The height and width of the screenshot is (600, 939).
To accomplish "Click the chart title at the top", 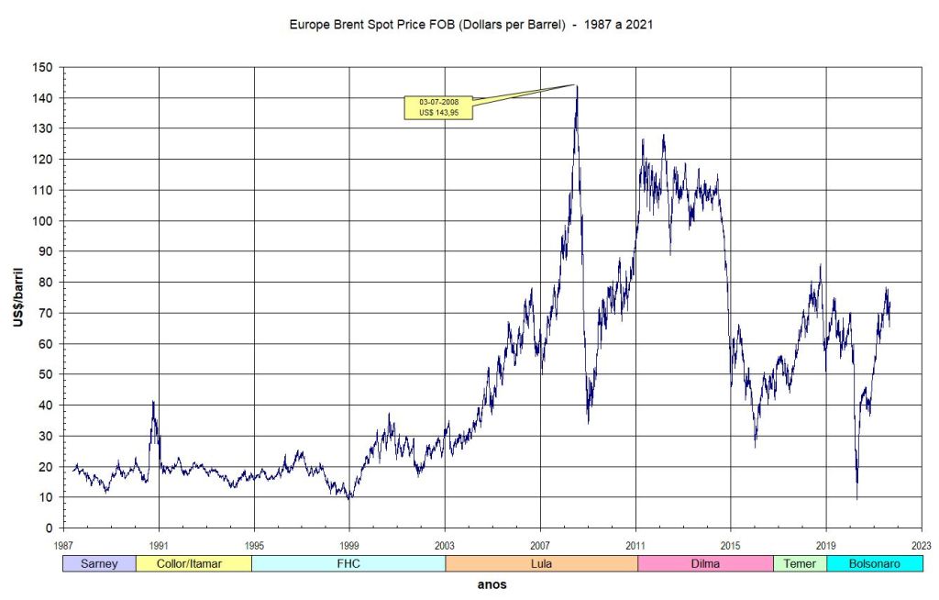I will [x=470, y=25].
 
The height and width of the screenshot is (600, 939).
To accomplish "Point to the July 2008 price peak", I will [x=576, y=85].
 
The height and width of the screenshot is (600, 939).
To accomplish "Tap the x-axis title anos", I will [x=492, y=583].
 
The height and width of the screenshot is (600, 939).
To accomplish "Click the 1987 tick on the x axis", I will [x=63, y=544].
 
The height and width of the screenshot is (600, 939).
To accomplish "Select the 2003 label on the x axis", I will [x=445, y=544].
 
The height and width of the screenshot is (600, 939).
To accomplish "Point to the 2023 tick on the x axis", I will [x=922, y=544].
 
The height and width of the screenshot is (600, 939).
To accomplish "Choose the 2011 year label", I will [x=635, y=544].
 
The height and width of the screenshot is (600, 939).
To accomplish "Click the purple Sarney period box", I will [x=99, y=563].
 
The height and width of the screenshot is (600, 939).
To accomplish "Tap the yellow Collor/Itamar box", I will [x=193, y=563].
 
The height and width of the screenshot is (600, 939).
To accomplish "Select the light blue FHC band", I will [x=348, y=563].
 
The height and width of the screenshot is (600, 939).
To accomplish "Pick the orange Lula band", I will [x=541, y=563].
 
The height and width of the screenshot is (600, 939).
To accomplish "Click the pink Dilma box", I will [x=705, y=563].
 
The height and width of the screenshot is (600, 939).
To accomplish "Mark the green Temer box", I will [x=800, y=563].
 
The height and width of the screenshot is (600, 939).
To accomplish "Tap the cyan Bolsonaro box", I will [x=875, y=563].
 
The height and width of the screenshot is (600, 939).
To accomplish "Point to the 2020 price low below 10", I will [x=857, y=498].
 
